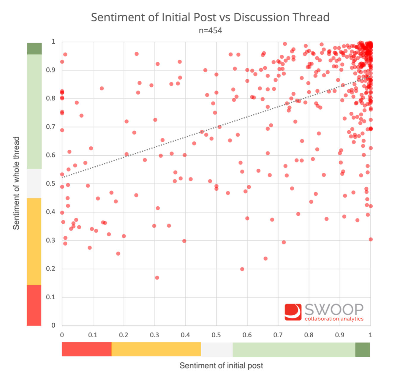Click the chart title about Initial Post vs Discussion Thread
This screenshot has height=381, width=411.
[x=210, y=17]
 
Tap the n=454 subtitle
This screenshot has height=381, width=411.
[x=210, y=31]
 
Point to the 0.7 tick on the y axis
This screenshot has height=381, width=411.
[x=51, y=127]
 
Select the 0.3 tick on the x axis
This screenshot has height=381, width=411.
[x=154, y=335]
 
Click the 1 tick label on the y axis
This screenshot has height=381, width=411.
[x=53, y=42]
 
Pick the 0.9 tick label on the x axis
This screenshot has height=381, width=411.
[x=340, y=335]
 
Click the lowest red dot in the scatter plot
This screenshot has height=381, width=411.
[x=157, y=278]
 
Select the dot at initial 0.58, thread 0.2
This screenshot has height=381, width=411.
[x=242, y=269]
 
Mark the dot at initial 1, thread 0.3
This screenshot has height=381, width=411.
[x=371, y=239]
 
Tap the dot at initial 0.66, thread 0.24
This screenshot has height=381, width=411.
[x=265, y=258]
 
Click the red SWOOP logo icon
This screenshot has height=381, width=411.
[x=293, y=312]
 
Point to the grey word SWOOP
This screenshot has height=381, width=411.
[x=334, y=310]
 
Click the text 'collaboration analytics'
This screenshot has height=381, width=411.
[x=334, y=319]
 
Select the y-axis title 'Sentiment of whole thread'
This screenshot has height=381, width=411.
[x=16, y=183]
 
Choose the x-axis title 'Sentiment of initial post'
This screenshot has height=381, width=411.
[x=221, y=366]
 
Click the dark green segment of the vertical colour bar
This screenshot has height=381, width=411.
[x=34, y=49]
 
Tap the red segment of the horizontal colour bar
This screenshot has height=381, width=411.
[x=87, y=350]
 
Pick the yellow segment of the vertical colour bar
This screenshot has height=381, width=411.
[x=34, y=241]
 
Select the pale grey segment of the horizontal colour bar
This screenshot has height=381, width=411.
[x=217, y=350]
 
